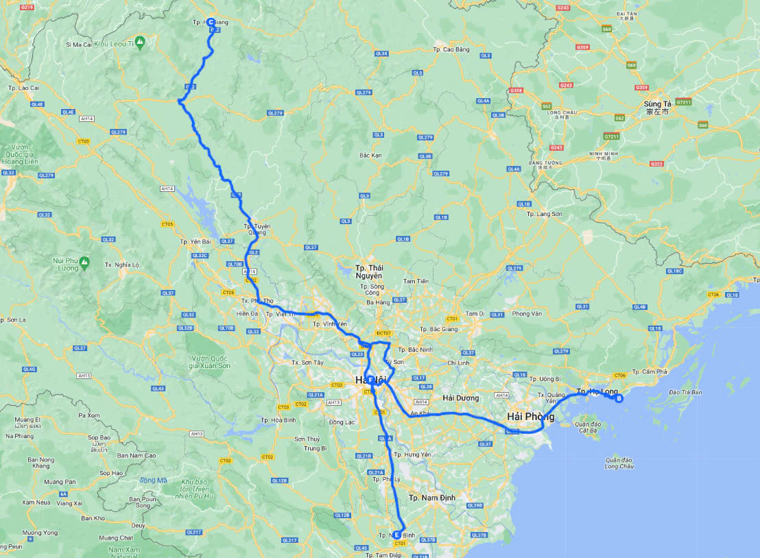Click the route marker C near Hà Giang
211,22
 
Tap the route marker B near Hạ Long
619,398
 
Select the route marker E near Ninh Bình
396,535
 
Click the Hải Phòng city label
529,417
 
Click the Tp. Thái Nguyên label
368,271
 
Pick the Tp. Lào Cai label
23,88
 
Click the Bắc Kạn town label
370,156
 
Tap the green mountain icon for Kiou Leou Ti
140,43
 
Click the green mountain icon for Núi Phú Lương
84,261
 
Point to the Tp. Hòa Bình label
278,420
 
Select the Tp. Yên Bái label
194,242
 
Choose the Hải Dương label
460,398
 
